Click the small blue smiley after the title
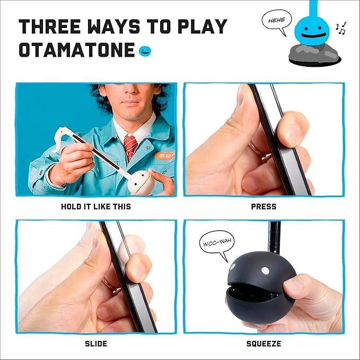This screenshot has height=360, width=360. (144, 51)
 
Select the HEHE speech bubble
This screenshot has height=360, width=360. (276, 21)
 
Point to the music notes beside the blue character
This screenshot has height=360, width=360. (341, 28)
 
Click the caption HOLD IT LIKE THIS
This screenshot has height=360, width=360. (95, 206)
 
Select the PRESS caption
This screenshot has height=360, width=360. (264, 206)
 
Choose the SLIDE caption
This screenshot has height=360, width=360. (96, 344)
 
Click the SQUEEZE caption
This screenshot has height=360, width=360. (264, 344)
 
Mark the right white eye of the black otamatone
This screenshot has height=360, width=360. (265, 271)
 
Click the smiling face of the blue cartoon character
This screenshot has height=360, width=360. (312, 31)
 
